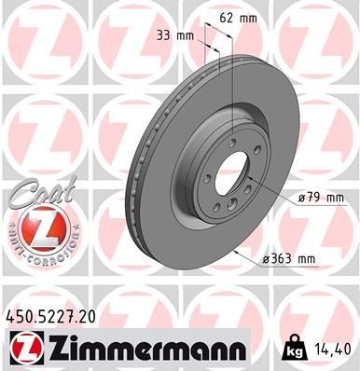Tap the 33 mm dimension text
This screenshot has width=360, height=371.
[x=175, y=35]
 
